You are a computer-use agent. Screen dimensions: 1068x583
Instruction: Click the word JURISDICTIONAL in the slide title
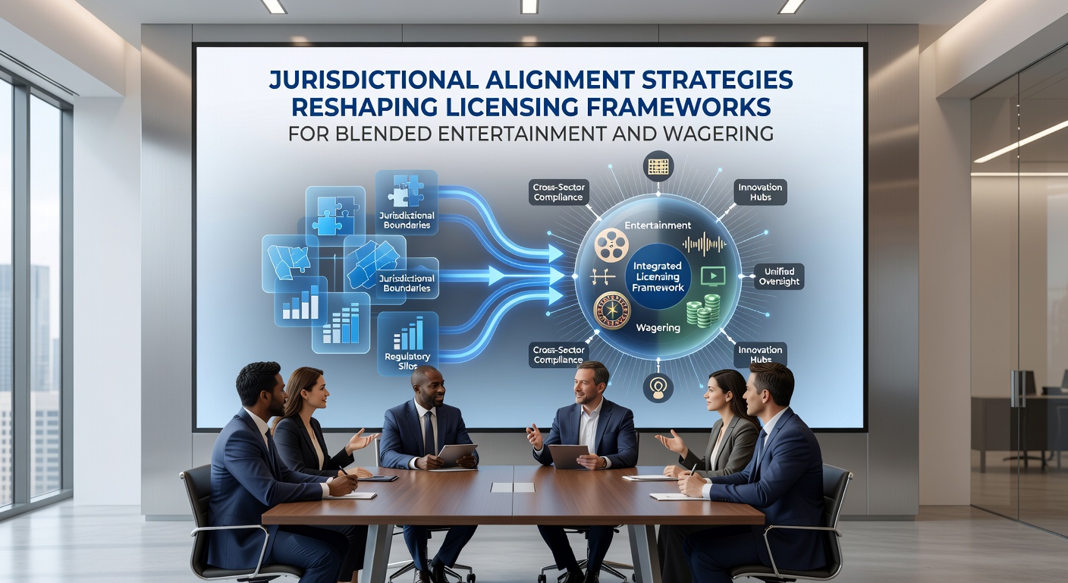click(x=373, y=80)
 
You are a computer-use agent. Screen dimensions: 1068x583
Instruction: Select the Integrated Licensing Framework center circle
click(x=658, y=277)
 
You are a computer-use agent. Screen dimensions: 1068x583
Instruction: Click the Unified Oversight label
click(x=779, y=276)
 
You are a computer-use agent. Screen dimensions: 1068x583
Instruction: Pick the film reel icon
click(x=611, y=244)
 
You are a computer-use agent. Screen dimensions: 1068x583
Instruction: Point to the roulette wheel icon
click(x=612, y=310)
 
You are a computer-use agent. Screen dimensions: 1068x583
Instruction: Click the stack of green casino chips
click(x=703, y=310)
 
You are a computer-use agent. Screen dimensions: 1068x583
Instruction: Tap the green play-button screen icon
click(x=713, y=276)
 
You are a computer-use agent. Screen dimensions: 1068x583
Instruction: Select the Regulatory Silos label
click(x=407, y=361)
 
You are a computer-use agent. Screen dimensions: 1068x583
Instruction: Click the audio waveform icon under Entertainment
click(x=704, y=244)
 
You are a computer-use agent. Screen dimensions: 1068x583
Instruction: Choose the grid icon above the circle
click(x=658, y=166)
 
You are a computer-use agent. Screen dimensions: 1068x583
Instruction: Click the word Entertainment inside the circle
click(x=658, y=225)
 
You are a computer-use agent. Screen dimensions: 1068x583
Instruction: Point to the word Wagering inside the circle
click(x=658, y=328)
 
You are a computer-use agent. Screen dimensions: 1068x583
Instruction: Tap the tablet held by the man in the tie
click(x=457, y=455)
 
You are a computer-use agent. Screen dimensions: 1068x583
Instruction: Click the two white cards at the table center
click(x=513, y=487)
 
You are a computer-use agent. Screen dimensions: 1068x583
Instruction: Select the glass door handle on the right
click(x=1018, y=388)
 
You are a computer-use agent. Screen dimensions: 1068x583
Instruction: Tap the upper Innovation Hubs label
click(x=760, y=192)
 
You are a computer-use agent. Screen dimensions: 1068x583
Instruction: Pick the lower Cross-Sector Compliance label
click(x=558, y=355)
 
